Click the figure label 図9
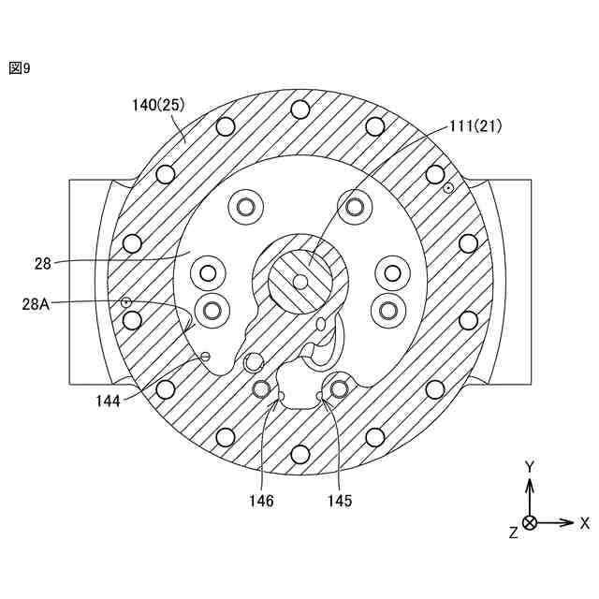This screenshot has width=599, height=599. coord(20,67)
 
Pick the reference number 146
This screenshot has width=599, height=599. coord(261,501)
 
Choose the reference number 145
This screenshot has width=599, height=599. coord(340,501)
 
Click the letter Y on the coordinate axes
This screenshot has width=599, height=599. coord(530,466)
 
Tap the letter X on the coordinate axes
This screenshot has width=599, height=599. coord(585,522)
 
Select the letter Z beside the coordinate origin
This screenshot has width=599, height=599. coord(513,532)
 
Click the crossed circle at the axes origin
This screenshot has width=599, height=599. coord(530,522)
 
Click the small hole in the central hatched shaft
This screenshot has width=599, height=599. coord(299,281)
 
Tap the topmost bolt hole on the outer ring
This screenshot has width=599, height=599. coord(299,109)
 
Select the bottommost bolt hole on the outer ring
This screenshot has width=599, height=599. coord(299,454)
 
